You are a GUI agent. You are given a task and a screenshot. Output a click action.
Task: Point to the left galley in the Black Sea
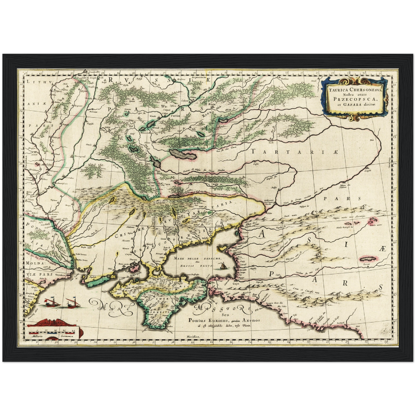(51, 302)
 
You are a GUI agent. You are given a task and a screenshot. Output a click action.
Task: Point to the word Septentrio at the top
(199, 78)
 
